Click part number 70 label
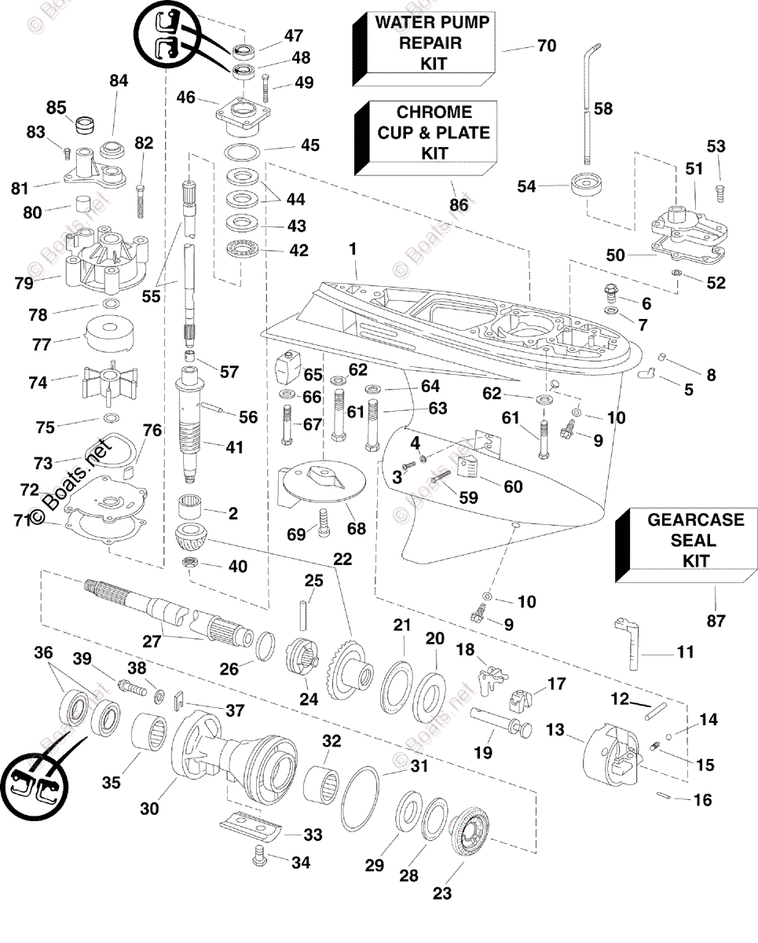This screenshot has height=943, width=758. tap(546, 46)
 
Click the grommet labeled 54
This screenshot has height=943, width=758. tap(588, 187)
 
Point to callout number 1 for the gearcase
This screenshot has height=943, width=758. tap(353, 248)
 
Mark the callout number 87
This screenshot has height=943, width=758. tap(715, 621)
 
